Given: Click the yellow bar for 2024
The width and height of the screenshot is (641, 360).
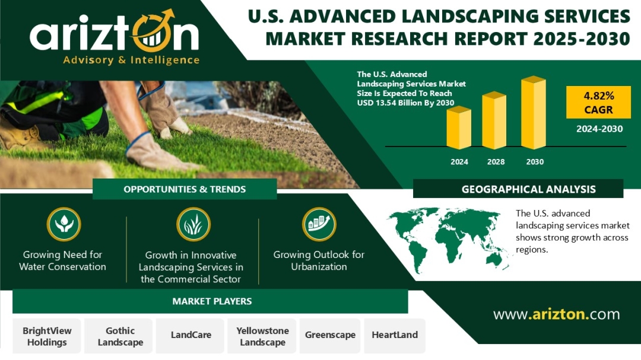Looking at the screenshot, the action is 459,128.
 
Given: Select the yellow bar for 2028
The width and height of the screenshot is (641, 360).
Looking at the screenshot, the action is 494,120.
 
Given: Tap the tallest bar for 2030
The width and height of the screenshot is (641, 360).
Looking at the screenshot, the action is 534,112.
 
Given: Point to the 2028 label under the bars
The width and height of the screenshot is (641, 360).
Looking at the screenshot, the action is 496,162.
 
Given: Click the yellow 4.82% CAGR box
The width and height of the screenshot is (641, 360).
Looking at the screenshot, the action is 598,102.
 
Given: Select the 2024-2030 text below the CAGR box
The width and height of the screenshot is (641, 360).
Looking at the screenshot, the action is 599,129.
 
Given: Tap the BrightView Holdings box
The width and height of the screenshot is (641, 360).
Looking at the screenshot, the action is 47,336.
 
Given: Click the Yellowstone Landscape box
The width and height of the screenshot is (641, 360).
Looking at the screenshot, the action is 262,336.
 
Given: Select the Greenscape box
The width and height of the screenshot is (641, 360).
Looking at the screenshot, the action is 330,336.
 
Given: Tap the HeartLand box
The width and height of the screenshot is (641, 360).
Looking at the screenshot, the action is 395,336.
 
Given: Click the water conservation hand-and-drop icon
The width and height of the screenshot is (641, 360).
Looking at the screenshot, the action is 64,224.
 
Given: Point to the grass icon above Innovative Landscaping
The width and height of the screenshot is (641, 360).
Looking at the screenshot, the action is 193,224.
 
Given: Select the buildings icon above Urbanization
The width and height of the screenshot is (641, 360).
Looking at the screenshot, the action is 319,224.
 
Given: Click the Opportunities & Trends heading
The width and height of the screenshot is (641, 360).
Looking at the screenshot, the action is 185,189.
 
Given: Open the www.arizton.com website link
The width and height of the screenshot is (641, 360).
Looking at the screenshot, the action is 556,314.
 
